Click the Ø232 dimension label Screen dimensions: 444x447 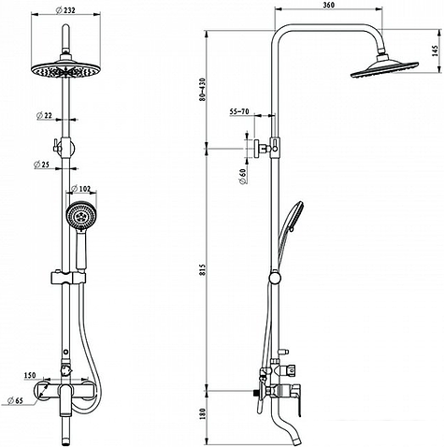click(65, 10)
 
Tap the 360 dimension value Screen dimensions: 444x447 click(329, 6)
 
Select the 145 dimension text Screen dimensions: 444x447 click(436, 51)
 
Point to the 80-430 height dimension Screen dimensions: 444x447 click(203, 90)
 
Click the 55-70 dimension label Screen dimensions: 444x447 click(239, 111)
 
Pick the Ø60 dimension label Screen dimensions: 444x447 click(243, 177)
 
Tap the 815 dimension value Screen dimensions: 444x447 click(203, 270)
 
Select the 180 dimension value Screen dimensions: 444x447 click(203, 413)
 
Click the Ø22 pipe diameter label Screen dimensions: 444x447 click(44, 116)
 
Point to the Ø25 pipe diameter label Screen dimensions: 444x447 click(42, 165)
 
